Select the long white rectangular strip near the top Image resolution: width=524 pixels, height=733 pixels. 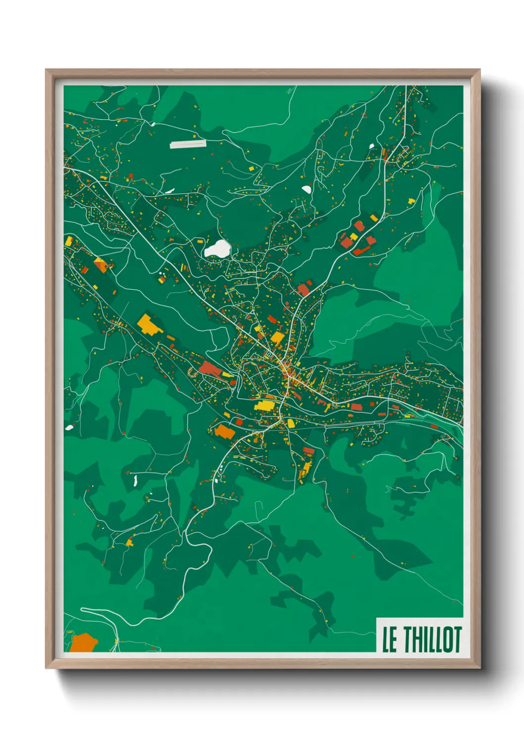pyautogui.click(x=188, y=144)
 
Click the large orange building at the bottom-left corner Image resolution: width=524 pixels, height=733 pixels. pyautogui.click(x=83, y=643)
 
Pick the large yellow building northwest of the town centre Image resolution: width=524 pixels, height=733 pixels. pyautogui.click(x=148, y=324)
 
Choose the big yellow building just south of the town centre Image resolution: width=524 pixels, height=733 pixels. pyautogui.click(x=264, y=406)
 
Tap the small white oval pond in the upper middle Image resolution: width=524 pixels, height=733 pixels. pyautogui.click(x=307, y=189)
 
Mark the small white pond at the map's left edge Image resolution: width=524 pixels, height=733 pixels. pyautogui.click(x=69, y=427)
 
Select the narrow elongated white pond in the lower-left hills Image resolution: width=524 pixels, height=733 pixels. pyautogui.click(x=135, y=480)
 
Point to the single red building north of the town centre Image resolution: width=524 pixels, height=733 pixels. pyautogui.click(x=304, y=289)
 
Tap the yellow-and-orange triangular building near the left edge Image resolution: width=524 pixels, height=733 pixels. pyautogui.click(x=101, y=264)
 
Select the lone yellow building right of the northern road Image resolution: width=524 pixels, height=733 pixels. pyautogui.click(x=411, y=201)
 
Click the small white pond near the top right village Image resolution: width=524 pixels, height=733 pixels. pyautogui.click(x=371, y=146)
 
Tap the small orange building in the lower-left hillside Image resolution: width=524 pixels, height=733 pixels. pyautogui.click(x=130, y=542)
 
